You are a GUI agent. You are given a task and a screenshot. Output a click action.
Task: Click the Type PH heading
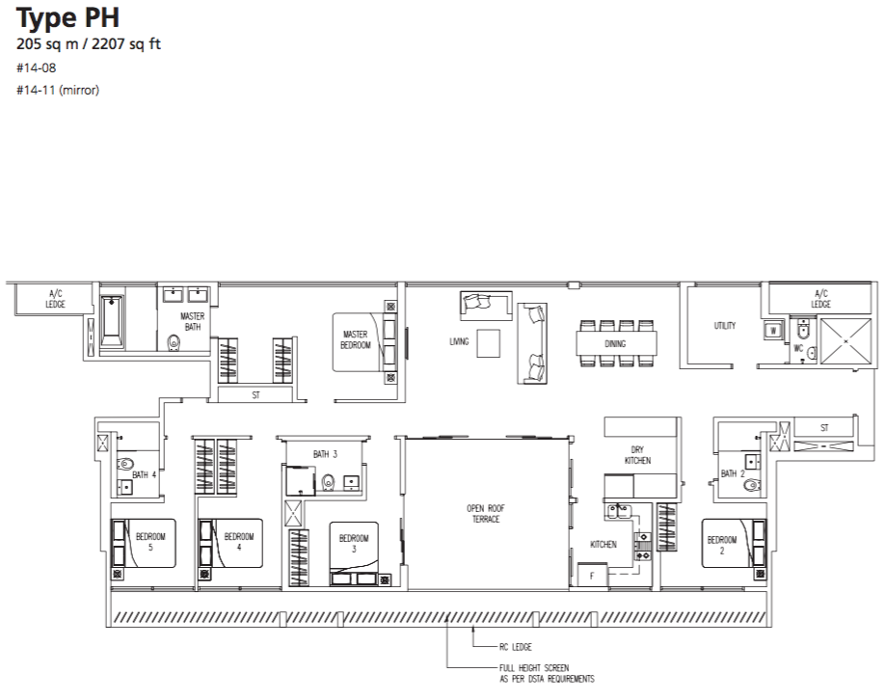point(67,17)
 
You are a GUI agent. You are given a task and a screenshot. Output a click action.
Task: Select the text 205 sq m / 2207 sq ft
point(89,44)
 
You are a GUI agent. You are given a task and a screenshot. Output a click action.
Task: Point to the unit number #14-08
point(37,68)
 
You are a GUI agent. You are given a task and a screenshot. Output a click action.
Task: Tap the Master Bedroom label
point(356,339)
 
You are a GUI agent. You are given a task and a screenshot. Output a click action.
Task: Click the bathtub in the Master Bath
point(112,321)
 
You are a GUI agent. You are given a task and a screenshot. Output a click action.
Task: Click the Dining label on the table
point(615,343)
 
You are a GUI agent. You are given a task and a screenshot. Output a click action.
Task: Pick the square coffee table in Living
point(488,343)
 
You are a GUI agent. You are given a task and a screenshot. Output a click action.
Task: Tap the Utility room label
point(724,326)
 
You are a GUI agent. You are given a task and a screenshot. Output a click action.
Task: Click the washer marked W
point(773,330)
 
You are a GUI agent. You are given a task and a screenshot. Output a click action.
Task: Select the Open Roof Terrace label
point(486,514)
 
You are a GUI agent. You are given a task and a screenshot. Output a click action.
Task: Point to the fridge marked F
point(592,576)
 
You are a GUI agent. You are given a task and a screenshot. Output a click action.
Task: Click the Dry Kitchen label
point(637,455)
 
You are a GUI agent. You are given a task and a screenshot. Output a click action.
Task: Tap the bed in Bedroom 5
point(144,543)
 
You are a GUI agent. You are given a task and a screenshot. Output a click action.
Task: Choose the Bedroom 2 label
point(721,545)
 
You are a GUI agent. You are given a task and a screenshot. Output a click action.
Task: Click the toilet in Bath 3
point(327,483)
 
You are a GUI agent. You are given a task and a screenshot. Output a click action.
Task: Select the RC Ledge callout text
point(516,647)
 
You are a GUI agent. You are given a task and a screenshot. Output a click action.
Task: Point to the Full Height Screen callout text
point(547,673)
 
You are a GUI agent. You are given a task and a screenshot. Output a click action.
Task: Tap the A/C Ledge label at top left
point(55,298)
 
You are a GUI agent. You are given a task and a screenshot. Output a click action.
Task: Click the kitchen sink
point(618,512)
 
